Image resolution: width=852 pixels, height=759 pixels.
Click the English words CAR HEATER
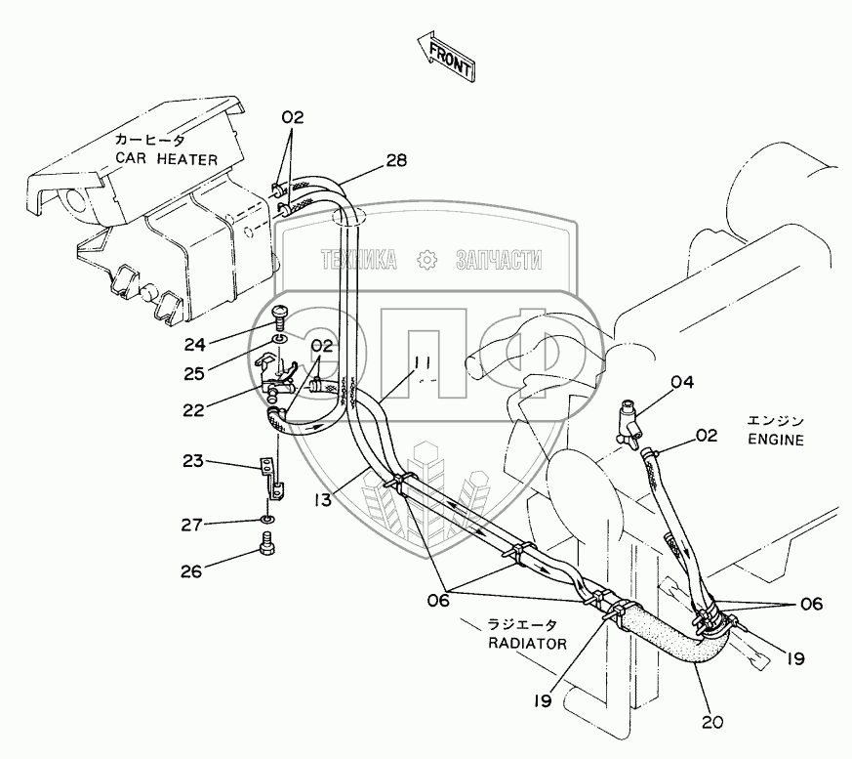coord(167,158)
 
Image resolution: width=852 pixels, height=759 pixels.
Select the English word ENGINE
coord(776,440)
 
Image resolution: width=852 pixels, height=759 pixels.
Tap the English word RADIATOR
coord(529,644)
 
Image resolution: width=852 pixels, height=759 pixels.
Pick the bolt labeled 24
coord(279,316)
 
